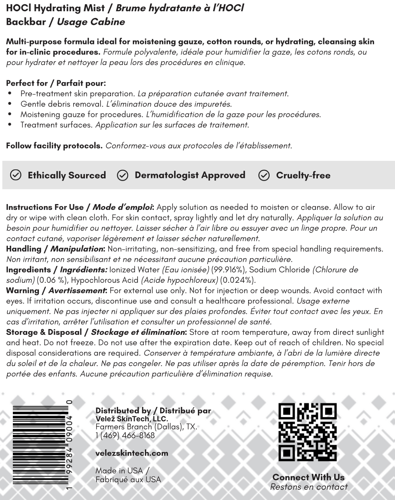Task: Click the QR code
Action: point(307,432)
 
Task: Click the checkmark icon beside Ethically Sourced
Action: point(16,175)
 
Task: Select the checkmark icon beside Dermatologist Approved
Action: point(122,175)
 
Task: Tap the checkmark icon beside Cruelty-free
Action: point(264,175)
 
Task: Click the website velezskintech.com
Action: point(132,453)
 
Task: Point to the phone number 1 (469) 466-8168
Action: point(125,435)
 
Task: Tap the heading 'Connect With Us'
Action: point(308,477)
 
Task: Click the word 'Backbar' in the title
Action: point(26,22)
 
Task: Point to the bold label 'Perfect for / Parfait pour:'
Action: point(56,83)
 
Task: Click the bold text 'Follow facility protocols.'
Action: point(54,146)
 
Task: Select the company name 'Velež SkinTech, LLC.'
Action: point(132,419)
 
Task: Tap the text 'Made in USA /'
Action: point(122,471)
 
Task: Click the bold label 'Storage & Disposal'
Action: point(44,332)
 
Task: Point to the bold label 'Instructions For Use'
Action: point(45,207)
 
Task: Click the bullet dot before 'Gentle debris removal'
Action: point(10,104)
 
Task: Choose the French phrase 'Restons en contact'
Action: point(309,487)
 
